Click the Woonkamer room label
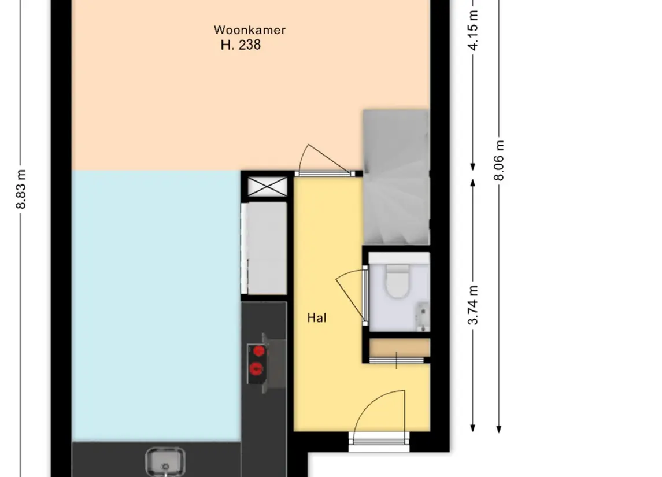[250, 30]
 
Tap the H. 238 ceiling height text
[241, 45]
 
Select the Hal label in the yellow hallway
[317, 318]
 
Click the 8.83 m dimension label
[21, 189]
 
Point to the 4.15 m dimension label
[474, 31]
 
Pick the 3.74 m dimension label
[474, 305]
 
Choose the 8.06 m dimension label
[499, 160]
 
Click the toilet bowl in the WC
[397, 280]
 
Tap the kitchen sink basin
[165, 461]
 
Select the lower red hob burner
[256, 369]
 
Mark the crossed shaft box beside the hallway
[267, 187]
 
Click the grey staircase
[396, 178]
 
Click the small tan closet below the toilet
[400, 348]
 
